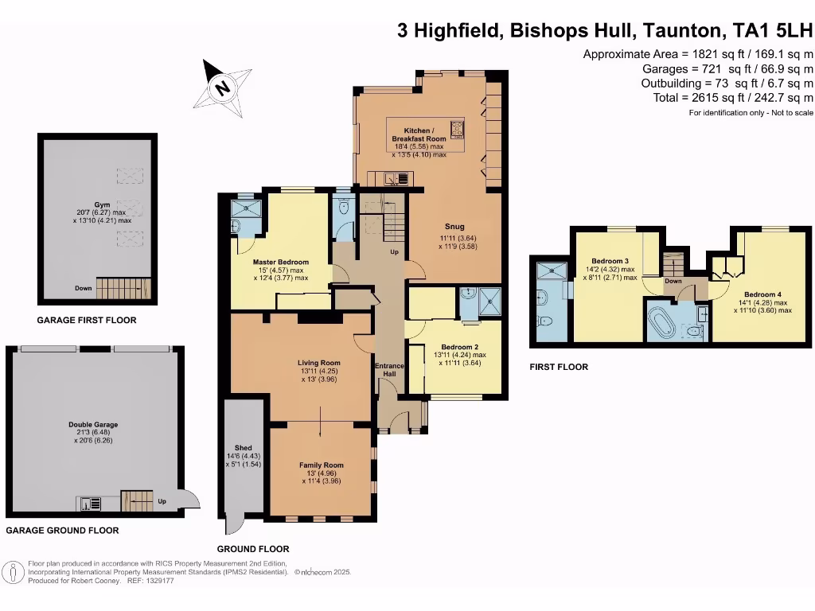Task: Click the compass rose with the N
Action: point(223,88)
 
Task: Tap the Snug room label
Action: point(454,227)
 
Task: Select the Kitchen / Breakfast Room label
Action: point(419,134)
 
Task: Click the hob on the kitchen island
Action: point(458,130)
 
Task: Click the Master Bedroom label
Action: point(281,263)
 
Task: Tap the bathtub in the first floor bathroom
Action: point(661,322)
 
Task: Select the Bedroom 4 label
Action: point(762,294)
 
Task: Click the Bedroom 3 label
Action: point(610,261)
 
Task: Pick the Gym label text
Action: point(102,204)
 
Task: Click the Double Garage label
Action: point(93,425)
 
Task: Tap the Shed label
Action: point(244,448)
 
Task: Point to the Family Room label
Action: point(322,465)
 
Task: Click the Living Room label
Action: point(319,363)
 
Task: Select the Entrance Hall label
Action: point(389,370)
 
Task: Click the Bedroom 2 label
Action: point(460,347)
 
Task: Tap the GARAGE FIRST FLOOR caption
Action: point(87,321)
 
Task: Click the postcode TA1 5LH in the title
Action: point(772,31)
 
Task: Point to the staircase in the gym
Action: point(123,287)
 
